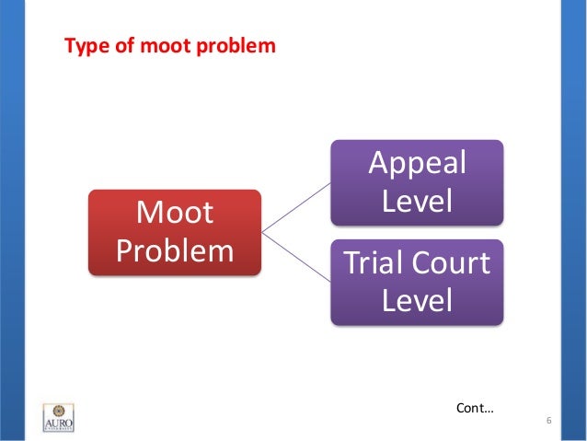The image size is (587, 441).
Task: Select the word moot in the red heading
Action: click(x=155, y=44)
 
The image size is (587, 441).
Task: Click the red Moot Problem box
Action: click(x=174, y=232)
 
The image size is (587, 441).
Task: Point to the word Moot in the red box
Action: click(x=174, y=214)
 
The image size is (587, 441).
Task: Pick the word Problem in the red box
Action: click(x=174, y=250)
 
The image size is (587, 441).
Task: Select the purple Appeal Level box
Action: click(x=417, y=182)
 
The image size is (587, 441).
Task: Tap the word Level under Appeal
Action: click(x=417, y=201)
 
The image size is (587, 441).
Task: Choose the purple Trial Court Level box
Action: click(x=417, y=282)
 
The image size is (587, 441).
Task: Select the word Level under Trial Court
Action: click(x=417, y=300)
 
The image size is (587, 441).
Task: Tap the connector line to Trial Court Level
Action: click(x=296, y=257)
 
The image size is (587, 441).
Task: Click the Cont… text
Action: click(x=475, y=405)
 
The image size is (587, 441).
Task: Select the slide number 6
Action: click(x=548, y=422)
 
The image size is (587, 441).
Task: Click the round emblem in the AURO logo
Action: click(x=58, y=410)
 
